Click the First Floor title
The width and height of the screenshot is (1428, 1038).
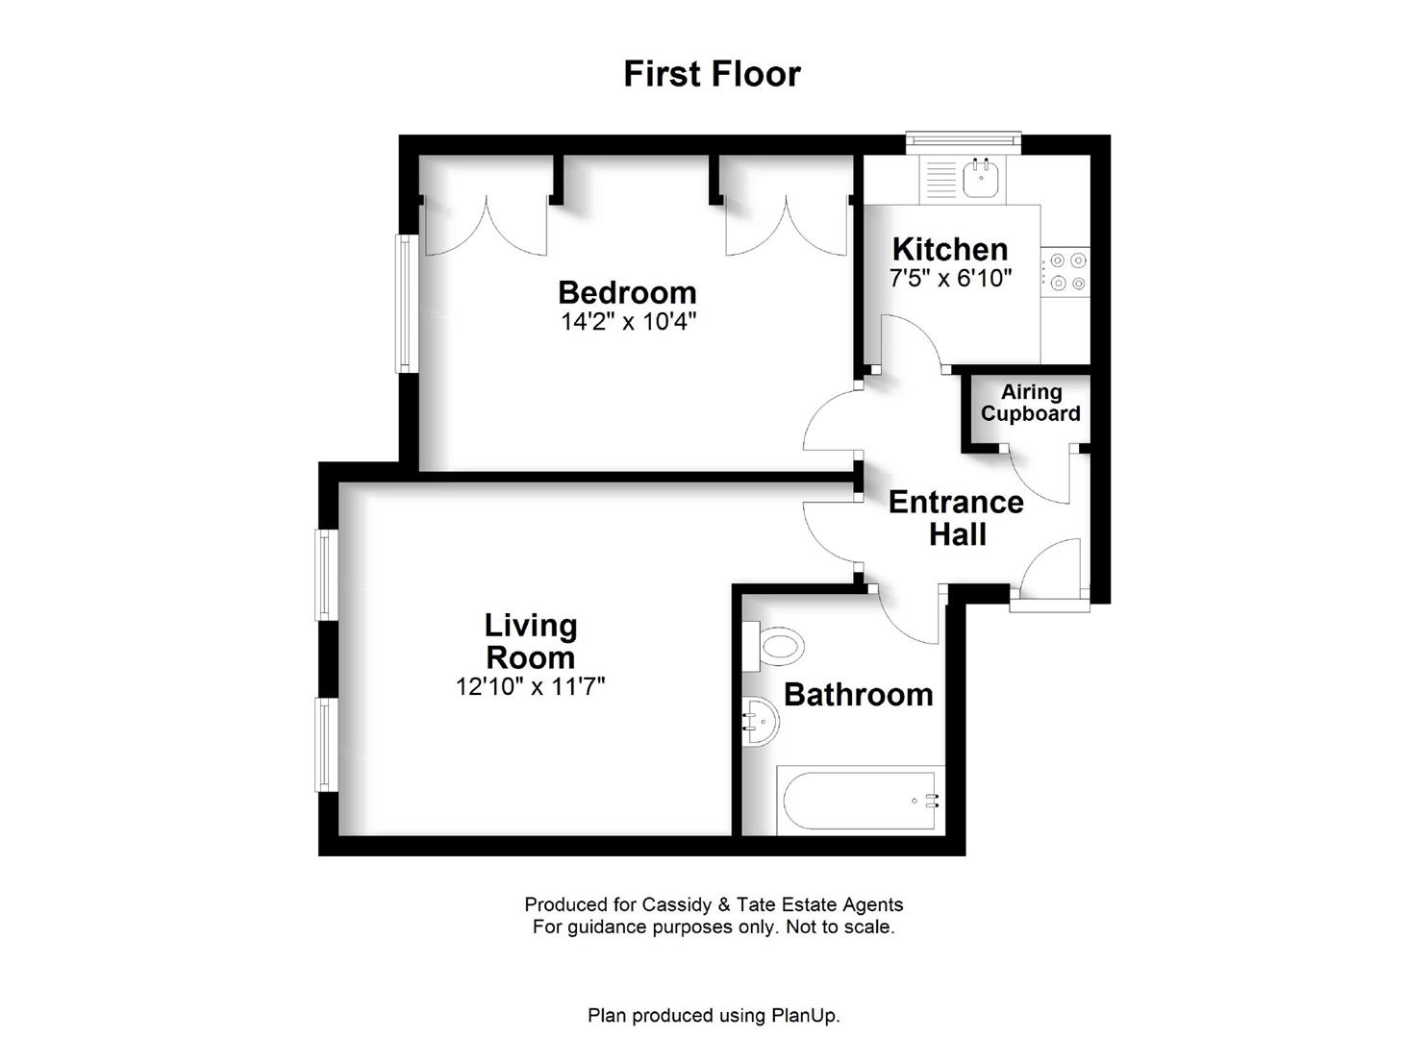point(713,74)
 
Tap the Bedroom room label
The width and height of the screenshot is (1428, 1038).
point(627,292)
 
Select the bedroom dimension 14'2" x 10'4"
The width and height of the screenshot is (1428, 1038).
point(628,322)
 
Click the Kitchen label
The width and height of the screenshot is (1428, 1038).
point(950,249)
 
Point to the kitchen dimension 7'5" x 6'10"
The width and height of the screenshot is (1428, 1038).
point(950,278)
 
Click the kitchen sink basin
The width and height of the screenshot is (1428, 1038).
point(981,178)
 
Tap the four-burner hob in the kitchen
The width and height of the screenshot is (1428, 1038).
point(1065,271)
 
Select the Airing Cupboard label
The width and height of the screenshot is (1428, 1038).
point(1031,403)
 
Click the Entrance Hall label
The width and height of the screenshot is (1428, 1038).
point(956,518)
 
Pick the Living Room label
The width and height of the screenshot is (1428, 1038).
point(531,641)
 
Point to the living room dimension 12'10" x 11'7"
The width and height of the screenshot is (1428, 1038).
point(530,686)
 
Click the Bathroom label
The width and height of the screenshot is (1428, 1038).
point(858,695)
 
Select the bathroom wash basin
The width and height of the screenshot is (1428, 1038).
point(760,721)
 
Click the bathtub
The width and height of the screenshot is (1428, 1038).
point(860,801)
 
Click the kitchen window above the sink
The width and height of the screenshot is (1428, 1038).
point(964,143)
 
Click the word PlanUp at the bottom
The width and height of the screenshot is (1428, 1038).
point(805,1016)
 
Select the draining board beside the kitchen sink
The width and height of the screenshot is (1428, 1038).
point(941,180)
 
